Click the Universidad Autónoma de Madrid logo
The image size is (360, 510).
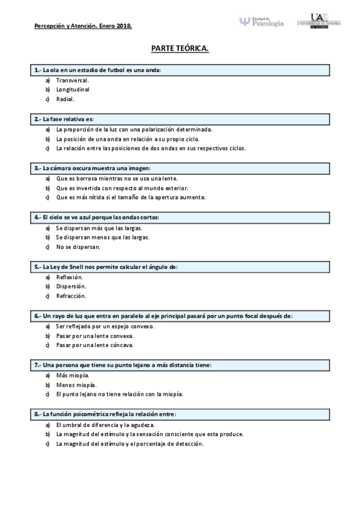pyautogui.click(x=319, y=21)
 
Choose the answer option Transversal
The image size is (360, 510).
pyautogui.click(x=73, y=80)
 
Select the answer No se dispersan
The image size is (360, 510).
pyautogui.click(x=78, y=247)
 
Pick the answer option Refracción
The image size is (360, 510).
pyautogui.click(x=71, y=296)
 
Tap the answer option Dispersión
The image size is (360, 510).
pyautogui.click(x=71, y=286)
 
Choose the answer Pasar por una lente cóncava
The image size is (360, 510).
pyautogui.click(x=94, y=345)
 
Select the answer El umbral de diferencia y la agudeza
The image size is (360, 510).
pyautogui.click(x=105, y=424)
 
